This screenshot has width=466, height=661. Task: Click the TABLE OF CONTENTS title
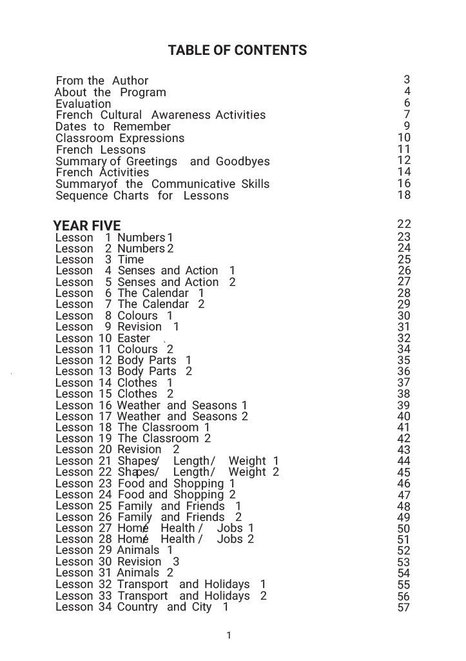pos(237,50)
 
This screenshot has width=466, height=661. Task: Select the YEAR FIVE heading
pos(86,226)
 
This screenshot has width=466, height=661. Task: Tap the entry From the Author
pos(102,81)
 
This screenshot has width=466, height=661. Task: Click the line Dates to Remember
pos(113,127)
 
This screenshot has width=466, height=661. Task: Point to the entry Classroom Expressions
pos(120,138)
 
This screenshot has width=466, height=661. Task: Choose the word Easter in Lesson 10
pos(133,338)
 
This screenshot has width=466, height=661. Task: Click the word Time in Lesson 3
pos(130,259)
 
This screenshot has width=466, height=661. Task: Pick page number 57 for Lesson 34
pos(403,607)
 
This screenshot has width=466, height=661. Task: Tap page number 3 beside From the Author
pos(407,80)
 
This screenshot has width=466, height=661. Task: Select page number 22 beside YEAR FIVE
pos(403,225)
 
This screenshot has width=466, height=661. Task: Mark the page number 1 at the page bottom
pos(229,636)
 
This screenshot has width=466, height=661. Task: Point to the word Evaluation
pos(83,104)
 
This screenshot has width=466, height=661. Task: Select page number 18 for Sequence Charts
pos(403,195)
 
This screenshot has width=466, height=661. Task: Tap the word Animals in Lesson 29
pos(138,551)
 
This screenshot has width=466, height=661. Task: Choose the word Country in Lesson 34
pos(137,607)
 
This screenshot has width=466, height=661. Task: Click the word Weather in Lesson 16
pos(139,405)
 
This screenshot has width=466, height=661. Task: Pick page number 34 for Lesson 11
pos(403,349)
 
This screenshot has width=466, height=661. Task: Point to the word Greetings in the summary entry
pos(151,161)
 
